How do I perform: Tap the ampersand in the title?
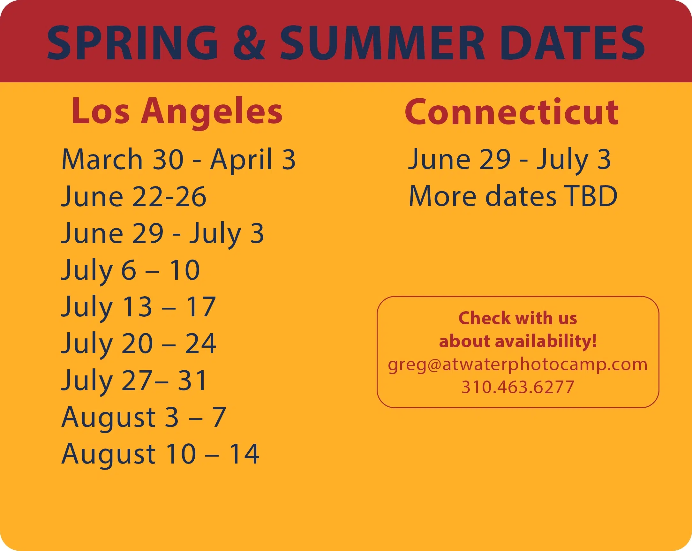point(249,43)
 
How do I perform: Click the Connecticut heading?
point(512,112)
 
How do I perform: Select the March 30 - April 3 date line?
point(178,160)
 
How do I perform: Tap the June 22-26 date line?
point(134,197)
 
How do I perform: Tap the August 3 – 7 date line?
point(144,418)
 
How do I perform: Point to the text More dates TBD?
point(513,197)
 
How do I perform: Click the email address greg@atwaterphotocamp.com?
point(518,365)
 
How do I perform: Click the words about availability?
point(518,341)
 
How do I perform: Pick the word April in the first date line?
point(241,160)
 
